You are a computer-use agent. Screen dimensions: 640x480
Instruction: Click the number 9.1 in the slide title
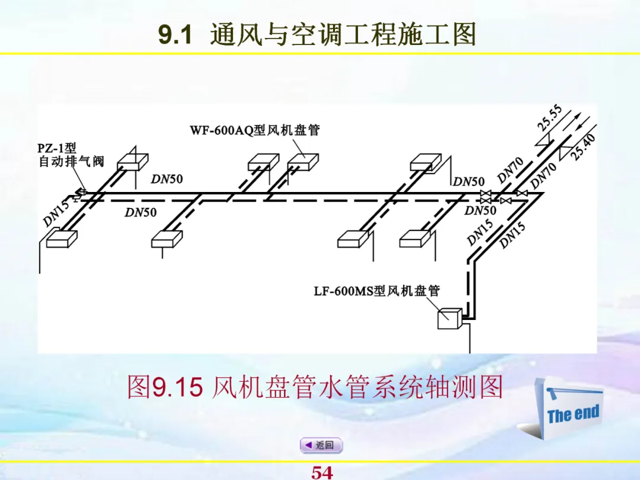click(175, 36)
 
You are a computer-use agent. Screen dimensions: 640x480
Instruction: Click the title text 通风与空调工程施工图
click(343, 36)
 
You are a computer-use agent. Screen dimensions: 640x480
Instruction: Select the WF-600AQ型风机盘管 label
click(255, 130)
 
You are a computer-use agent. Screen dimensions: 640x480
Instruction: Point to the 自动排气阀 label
click(71, 161)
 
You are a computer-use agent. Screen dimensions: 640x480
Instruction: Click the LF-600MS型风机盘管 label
click(377, 292)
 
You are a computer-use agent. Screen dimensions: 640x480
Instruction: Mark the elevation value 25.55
click(549, 118)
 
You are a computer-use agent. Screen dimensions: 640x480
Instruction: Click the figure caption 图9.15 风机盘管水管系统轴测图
click(315, 388)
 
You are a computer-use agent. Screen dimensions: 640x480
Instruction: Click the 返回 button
click(321, 445)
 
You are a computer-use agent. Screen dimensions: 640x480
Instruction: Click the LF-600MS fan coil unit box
click(449, 319)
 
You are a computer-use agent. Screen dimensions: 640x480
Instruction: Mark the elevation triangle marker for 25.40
click(568, 142)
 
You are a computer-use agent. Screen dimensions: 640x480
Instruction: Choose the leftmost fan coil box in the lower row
click(62, 238)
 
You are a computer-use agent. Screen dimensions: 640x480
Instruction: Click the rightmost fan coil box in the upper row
click(425, 161)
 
